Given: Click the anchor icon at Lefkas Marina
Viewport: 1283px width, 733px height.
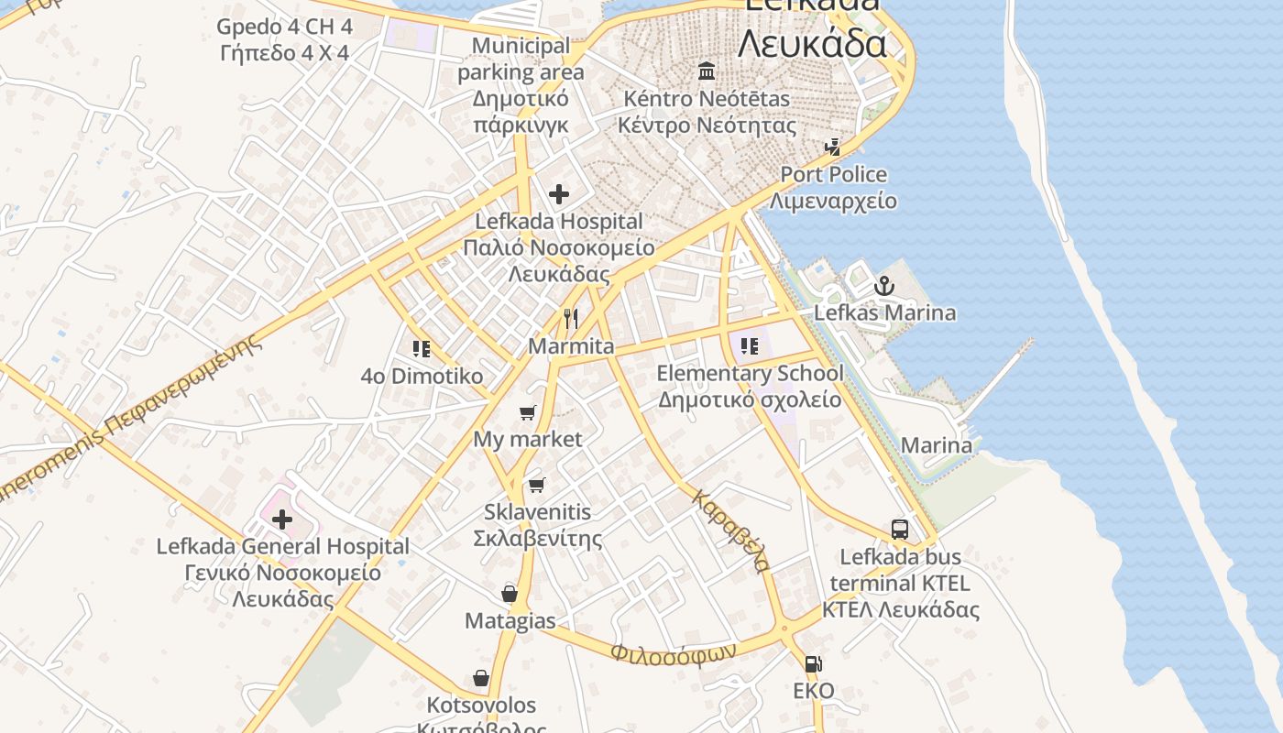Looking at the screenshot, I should [x=883, y=286].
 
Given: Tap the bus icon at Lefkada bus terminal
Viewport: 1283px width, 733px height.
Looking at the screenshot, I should [x=900, y=530].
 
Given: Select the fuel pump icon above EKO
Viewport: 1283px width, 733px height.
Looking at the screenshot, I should [x=813, y=664].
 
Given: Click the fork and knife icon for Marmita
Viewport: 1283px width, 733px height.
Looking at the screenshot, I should [x=571, y=319].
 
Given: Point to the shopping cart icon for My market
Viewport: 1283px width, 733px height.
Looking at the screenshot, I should [x=527, y=412].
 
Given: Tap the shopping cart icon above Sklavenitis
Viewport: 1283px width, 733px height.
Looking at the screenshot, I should [x=536, y=484].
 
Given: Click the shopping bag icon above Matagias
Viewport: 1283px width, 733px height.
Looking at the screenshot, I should [x=510, y=594].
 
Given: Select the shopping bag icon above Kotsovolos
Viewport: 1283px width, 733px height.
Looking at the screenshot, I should [x=481, y=678].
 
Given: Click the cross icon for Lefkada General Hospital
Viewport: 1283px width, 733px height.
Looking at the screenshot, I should [x=282, y=520].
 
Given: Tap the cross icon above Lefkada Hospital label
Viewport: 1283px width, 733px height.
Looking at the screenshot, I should [x=558, y=193].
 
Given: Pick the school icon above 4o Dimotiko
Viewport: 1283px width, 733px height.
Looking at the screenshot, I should [x=422, y=348].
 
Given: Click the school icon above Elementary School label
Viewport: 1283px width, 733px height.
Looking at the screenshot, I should [x=750, y=345].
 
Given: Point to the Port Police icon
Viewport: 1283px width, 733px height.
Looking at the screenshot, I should [x=833, y=147].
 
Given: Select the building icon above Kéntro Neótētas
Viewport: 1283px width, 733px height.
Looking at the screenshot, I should [x=707, y=71].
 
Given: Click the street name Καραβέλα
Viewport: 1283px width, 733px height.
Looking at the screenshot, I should [x=730, y=531].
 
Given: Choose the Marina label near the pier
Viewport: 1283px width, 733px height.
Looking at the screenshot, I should [x=936, y=445].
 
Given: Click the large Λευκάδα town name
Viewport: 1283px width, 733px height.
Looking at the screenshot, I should [x=812, y=42].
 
